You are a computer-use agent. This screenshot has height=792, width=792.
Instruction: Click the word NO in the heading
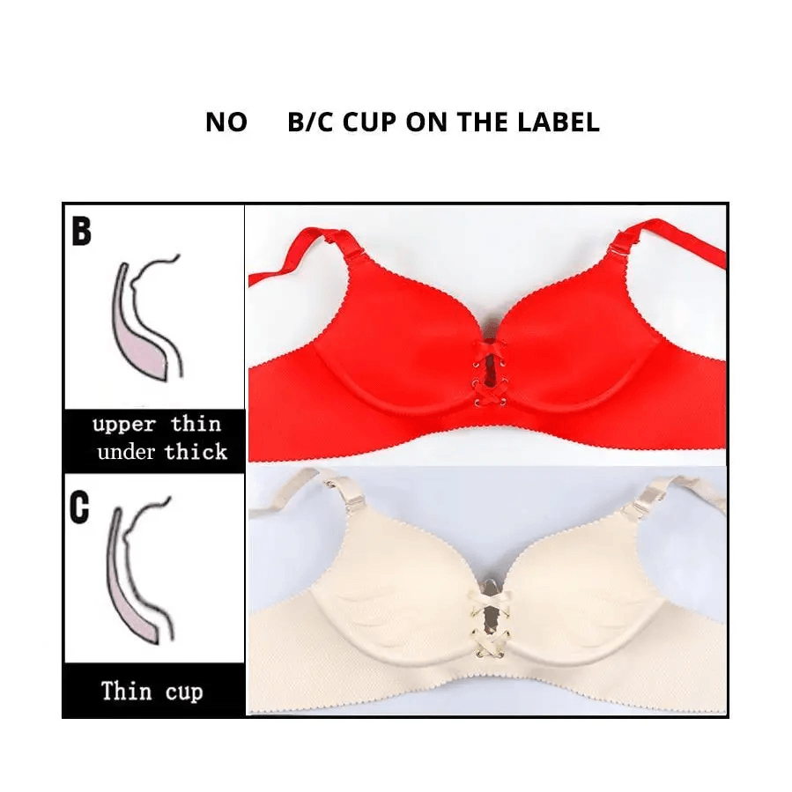coord(226,122)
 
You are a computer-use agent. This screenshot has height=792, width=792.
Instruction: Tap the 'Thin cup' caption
coord(152,690)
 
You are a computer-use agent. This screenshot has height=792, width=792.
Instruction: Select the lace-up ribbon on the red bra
coord(487,371)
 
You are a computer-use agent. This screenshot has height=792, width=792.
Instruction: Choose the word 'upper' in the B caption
coord(124,424)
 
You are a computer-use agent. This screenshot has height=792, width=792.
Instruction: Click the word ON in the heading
coord(426,122)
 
